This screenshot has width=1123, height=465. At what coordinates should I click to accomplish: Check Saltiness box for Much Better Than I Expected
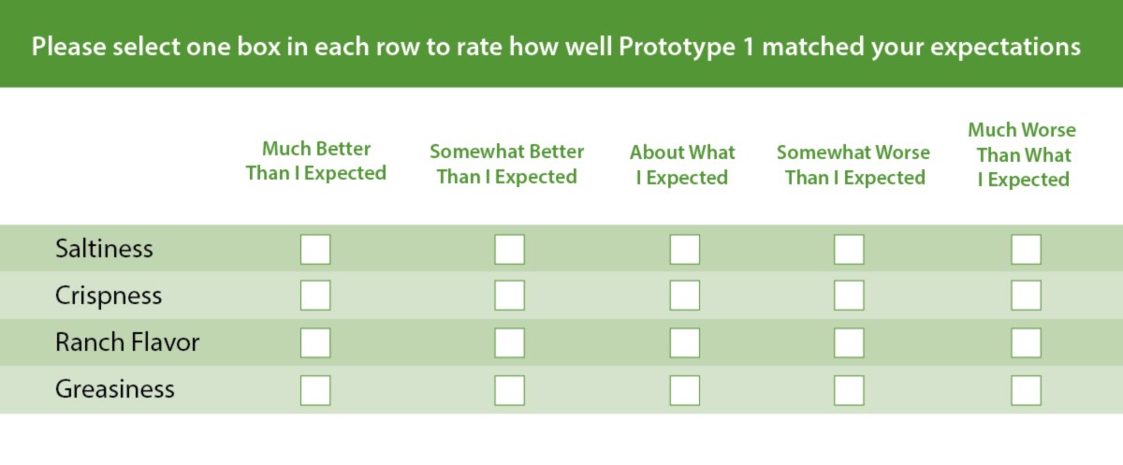pyautogui.click(x=315, y=249)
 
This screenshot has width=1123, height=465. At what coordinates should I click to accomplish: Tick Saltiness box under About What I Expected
pyautogui.click(x=685, y=249)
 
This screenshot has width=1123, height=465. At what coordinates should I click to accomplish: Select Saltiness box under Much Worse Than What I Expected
pyautogui.click(x=1027, y=249)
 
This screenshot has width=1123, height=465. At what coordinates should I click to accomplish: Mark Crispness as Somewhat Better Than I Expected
pyautogui.click(x=509, y=295)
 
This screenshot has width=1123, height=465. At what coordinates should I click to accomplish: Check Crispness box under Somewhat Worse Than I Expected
pyautogui.click(x=850, y=295)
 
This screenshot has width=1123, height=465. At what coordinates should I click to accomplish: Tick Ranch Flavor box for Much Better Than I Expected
pyautogui.click(x=315, y=342)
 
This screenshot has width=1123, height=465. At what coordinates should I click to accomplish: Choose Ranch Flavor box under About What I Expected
pyautogui.click(x=685, y=342)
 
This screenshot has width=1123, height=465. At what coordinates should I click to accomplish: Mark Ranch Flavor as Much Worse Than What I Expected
pyautogui.click(x=1027, y=342)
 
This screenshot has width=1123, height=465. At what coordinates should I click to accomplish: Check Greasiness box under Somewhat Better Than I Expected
pyautogui.click(x=509, y=390)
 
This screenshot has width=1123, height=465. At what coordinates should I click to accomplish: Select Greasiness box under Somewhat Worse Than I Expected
pyautogui.click(x=850, y=390)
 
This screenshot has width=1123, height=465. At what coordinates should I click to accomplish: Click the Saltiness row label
pyautogui.click(x=104, y=249)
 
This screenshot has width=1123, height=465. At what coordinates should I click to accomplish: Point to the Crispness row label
pyautogui.click(x=109, y=295)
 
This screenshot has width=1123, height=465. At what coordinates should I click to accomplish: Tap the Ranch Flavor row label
pyautogui.click(x=127, y=342)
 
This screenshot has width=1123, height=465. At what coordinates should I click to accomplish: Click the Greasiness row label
pyautogui.click(x=115, y=389)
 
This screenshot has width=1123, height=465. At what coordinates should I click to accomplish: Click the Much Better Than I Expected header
pyautogui.click(x=316, y=161)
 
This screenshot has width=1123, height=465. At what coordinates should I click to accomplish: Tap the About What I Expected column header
pyautogui.click(x=682, y=165)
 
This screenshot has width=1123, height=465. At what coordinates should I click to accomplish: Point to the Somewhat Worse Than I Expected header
pyautogui.click(x=853, y=165)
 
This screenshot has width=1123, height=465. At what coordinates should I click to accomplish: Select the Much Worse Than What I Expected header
pyautogui.click(x=1022, y=154)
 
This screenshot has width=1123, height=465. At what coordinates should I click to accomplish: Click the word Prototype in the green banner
pyautogui.click(x=677, y=48)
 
